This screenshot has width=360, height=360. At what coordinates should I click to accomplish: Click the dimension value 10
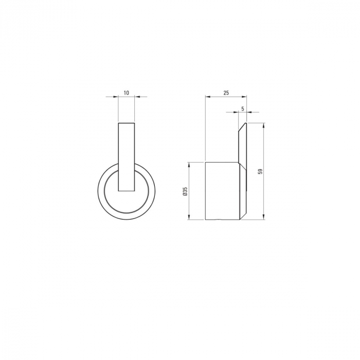[x=127, y=93]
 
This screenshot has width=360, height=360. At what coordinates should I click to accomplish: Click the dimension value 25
[x=226, y=93]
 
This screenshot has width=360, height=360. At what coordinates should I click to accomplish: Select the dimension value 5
[x=243, y=108]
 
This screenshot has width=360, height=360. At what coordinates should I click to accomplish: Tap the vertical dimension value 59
[x=260, y=171]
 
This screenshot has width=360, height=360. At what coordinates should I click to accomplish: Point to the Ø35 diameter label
[x=186, y=191]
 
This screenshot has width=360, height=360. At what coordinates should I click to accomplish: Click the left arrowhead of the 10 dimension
[x=116, y=97]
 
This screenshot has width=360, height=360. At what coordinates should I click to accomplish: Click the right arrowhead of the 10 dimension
[x=137, y=97]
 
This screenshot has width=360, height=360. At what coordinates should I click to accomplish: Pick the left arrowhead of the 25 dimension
[x=208, y=97]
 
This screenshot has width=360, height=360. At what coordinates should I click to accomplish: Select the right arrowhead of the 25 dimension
[x=244, y=97]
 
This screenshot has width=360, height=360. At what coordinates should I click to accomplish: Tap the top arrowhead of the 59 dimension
[x=264, y=125]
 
